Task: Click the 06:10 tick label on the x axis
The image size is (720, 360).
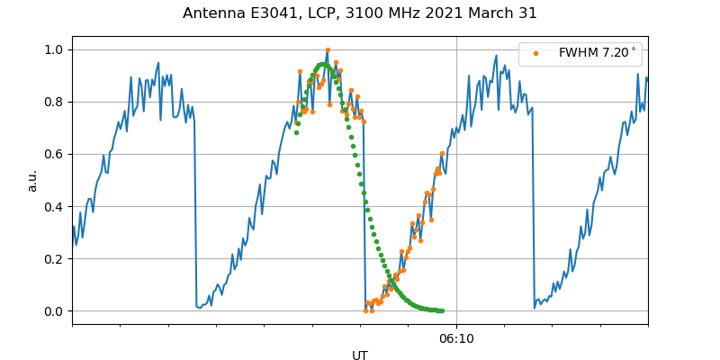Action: pyautogui.click(x=456, y=339)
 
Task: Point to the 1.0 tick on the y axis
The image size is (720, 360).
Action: pyautogui.click(x=54, y=49)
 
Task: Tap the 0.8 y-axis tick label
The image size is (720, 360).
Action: pyautogui.click(x=54, y=102)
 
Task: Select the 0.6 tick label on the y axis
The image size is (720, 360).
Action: pyautogui.click(x=54, y=154)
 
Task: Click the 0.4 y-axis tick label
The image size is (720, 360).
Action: pyautogui.click(x=54, y=206)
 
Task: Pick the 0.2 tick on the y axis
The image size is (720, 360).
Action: pyautogui.click(x=54, y=258)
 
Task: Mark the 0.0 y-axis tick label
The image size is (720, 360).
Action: pyautogui.click(x=54, y=311)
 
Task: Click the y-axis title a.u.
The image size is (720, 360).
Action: pyautogui.click(x=32, y=180)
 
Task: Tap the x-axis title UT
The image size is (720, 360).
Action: pyautogui.click(x=360, y=355)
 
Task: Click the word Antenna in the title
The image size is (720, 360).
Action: pyautogui.click(x=213, y=13)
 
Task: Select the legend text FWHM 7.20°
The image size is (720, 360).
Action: pyautogui.click(x=597, y=53)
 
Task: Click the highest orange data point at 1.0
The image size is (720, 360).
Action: pyautogui.click(x=328, y=50)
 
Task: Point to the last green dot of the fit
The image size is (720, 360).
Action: pyautogui.click(x=442, y=311)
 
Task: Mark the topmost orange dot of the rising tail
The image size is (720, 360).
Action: pyautogui.click(x=442, y=154)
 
